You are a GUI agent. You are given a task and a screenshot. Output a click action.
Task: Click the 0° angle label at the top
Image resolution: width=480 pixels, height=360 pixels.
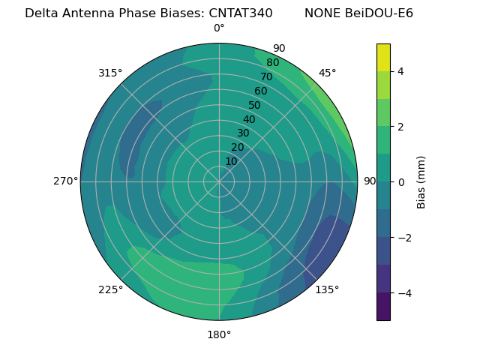click(x=219, y=28)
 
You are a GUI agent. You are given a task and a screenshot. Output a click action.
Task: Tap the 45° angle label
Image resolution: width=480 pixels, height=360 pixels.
click(x=327, y=73)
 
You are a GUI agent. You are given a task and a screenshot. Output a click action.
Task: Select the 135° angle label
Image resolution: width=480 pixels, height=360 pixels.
click(x=327, y=289)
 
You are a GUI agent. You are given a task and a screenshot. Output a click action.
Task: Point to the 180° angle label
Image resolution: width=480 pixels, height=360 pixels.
click(x=219, y=334)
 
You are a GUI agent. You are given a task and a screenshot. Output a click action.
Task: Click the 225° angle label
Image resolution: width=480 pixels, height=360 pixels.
click(x=110, y=289)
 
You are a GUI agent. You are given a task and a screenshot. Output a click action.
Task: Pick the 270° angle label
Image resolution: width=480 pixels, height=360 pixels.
click(x=65, y=181)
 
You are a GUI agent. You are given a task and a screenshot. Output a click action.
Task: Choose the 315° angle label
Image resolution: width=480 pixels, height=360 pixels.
click(x=110, y=73)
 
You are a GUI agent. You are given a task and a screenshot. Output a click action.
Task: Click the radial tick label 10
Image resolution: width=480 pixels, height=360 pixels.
click(x=231, y=162)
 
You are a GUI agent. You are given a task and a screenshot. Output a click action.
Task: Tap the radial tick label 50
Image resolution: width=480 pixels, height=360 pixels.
click(x=254, y=106)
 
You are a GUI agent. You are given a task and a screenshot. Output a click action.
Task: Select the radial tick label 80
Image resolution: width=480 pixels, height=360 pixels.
click(x=272, y=63)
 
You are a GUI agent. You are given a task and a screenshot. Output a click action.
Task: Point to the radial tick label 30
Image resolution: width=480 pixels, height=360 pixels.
click(x=243, y=133)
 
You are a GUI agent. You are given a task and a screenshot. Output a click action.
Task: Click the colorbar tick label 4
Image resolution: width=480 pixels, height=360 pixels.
click(x=401, y=71)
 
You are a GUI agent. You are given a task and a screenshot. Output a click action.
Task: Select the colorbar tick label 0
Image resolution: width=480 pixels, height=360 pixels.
click(x=401, y=182)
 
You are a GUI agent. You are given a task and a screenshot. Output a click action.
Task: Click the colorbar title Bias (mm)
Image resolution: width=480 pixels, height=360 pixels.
click(x=421, y=181)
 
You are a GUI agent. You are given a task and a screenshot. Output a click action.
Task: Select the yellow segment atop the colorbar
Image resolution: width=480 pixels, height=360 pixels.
click(x=383, y=57)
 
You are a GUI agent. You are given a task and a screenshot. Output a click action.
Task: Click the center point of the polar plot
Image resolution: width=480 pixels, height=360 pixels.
click(x=219, y=181)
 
